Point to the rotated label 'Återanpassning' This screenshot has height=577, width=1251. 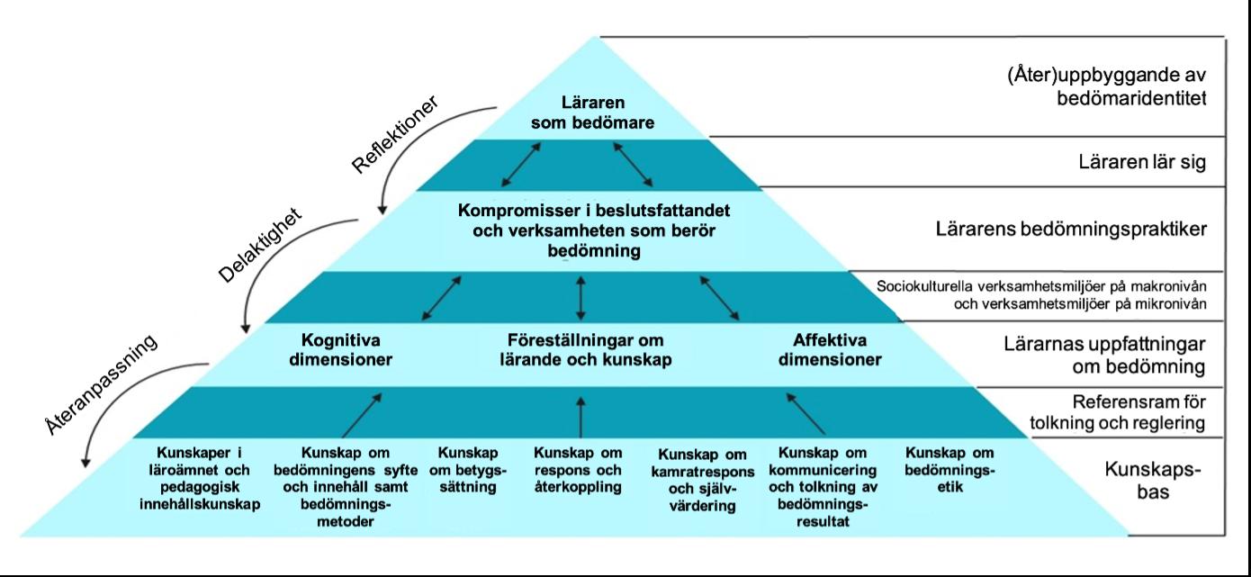tap(102, 383)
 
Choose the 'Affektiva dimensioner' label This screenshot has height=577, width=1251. tap(829, 350)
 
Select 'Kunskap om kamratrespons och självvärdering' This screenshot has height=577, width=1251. tap(697, 479)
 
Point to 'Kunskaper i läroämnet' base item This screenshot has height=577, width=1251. tap(200, 478)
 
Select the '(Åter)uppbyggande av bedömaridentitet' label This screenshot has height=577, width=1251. tap(1106, 86)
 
